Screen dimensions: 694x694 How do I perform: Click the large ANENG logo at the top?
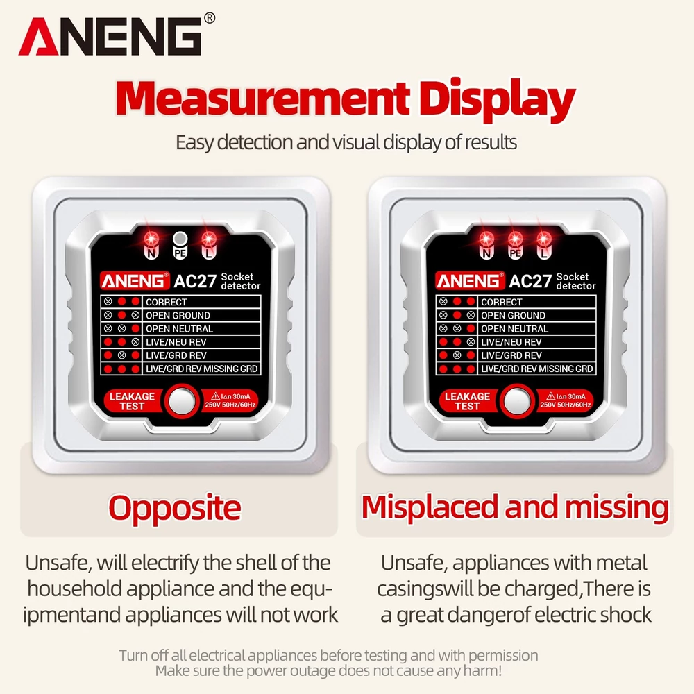tap(110, 36)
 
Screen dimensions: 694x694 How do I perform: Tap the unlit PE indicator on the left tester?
tap(180, 239)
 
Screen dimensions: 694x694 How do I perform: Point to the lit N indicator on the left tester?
tap(151, 239)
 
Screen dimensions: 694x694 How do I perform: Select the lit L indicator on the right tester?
tap(544, 239)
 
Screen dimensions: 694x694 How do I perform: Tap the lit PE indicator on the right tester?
tap(515, 239)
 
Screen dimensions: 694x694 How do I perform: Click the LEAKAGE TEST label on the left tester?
tap(132, 401)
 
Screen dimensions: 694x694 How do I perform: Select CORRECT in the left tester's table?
tap(167, 302)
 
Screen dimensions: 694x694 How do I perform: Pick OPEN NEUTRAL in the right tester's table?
tap(514, 328)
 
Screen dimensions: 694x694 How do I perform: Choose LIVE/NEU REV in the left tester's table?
tap(176, 341)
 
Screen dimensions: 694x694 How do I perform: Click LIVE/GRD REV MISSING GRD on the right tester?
tap(537, 369)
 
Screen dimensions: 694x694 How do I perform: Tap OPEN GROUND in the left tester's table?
tap(178, 315)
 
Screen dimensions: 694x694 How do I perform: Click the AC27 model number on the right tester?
tap(530, 281)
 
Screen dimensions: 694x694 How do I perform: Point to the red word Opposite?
tap(175, 508)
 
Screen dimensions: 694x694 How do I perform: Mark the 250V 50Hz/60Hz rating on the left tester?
tap(230, 405)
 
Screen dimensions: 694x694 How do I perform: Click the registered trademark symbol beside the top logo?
tap(210, 18)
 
